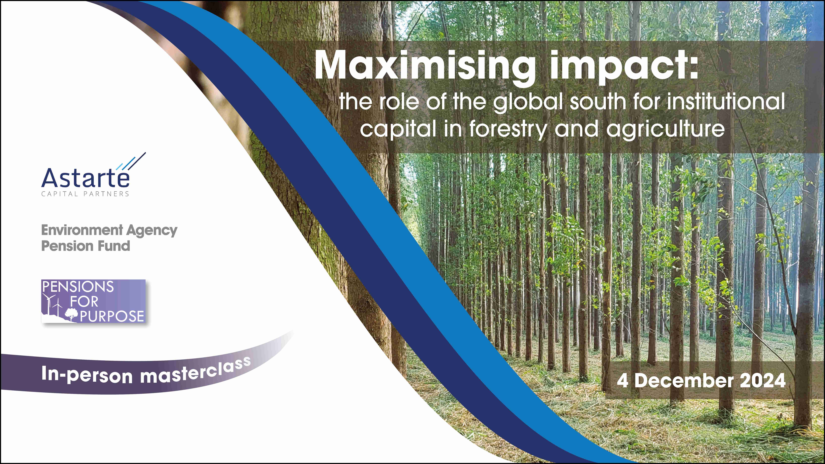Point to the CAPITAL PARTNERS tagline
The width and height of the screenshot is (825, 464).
(x=85, y=194)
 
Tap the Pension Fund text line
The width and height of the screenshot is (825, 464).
(x=86, y=246)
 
